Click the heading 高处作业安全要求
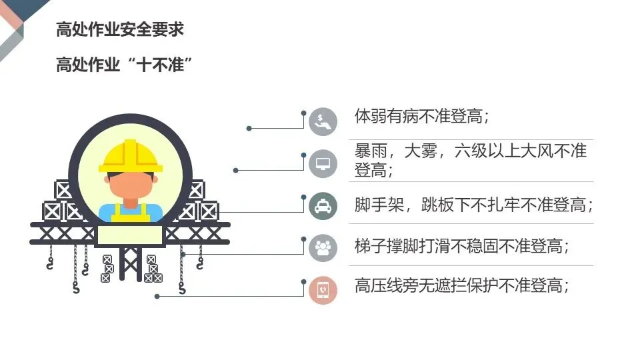(x=119, y=31)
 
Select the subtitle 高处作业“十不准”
(x=124, y=66)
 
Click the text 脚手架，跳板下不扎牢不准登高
(x=473, y=204)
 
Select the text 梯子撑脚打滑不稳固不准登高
(x=461, y=247)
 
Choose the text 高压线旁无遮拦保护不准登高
(x=461, y=287)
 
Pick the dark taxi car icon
(x=323, y=205)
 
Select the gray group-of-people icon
(x=323, y=247)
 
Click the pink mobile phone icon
(x=323, y=289)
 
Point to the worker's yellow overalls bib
(x=131, y=214)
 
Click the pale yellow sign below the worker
(x=130, y=235)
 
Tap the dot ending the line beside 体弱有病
(x=249, y=128)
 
